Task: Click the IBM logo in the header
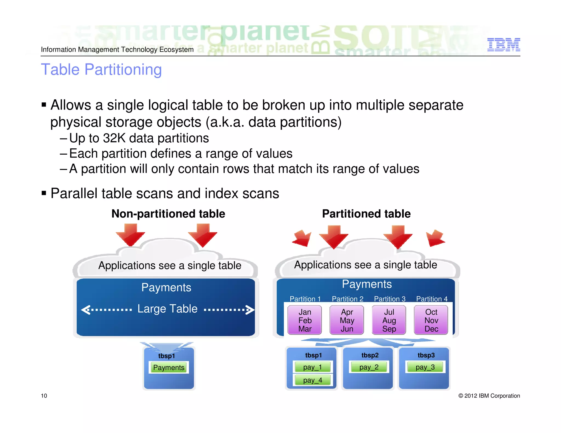(503, 45)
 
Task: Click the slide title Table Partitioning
(101, 70)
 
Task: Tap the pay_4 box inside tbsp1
(313, 380)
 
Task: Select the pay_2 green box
(369, 367)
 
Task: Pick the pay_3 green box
(425, 367)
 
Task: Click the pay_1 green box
(313, 367)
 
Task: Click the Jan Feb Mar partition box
(305, 320)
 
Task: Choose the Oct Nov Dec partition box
(431, 320)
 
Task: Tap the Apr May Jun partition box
(347, 320)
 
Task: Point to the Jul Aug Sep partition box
(389, 320)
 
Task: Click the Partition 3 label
(390, 299)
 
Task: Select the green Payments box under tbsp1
(169, 368)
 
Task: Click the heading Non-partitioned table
(168, 214)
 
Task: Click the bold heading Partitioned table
(366, 214)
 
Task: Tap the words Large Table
(167, 309)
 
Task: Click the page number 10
(44, 396)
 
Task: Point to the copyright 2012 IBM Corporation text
(489, 396)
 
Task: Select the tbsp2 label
(370, 355)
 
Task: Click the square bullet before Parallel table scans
(44, 193)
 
